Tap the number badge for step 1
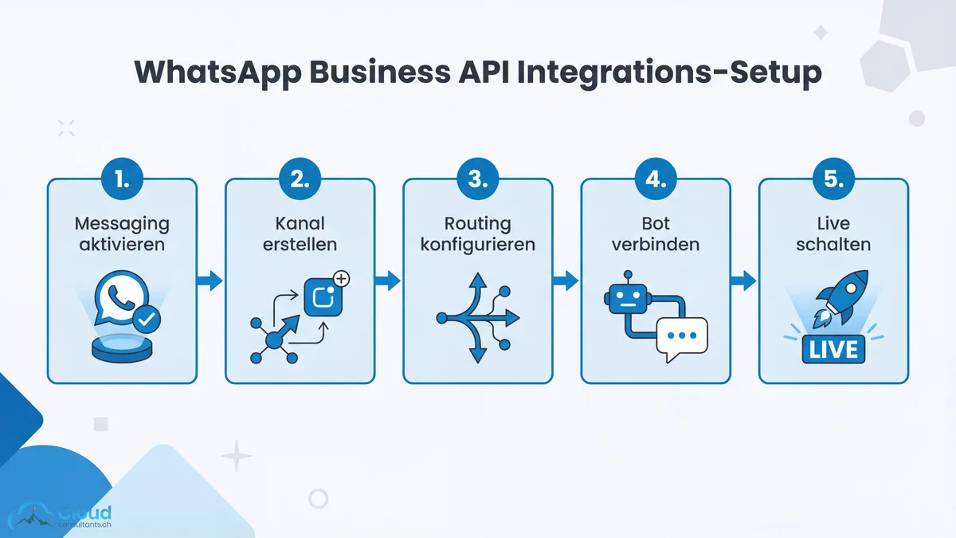tap(122, 180)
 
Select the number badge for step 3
tap(477, 180)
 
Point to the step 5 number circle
tap(833, 180)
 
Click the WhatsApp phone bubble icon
tap(117, 298)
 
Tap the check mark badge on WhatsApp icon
tap(146, 320)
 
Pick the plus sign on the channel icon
tap(341, 278)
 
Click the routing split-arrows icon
tap(476, 317)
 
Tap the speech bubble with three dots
tap(681, 336)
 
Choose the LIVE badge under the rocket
tap(833, 348)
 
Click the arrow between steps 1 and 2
tap(210, 280)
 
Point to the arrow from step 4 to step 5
tap(743, 280)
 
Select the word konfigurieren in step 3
tap(477, 243)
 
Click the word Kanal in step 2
tap(300, 223)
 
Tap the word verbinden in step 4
tap(655, 243)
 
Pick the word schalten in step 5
tap(833, 243)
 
